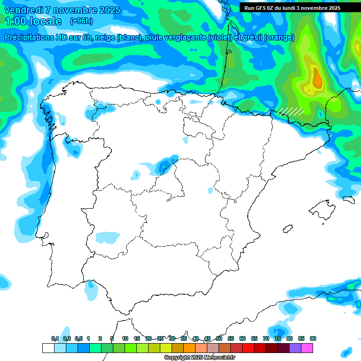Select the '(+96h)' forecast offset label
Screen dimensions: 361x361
81,21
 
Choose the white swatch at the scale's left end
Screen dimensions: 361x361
48,348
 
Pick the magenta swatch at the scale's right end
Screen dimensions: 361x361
307,348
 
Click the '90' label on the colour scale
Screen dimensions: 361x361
313,338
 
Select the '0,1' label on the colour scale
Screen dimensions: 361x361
55,338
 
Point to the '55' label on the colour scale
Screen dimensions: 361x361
231,338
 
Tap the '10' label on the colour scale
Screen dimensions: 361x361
125,338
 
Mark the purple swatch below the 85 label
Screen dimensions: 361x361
295,348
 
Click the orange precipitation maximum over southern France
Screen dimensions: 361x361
317,78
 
